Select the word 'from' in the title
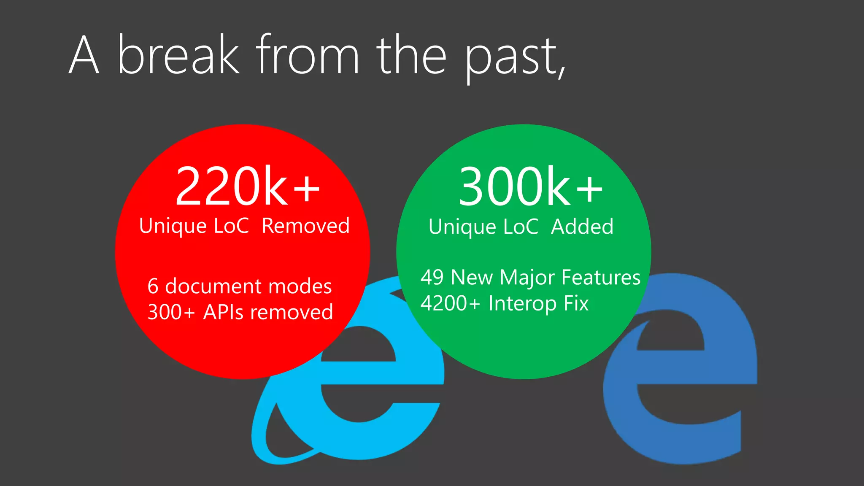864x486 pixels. pos(308,55)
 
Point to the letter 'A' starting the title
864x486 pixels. pos(84,55)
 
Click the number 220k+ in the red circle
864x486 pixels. pos(247,186)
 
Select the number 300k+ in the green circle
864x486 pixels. pos(530,186)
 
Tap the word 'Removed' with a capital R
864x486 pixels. pos(306,226)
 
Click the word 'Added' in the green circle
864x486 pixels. pos(582,227)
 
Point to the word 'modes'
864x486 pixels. pos(300,286)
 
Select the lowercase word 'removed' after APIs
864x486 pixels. pos(292,312)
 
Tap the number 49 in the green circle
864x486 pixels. pos(432,278)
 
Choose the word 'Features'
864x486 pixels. pos(601,278)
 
